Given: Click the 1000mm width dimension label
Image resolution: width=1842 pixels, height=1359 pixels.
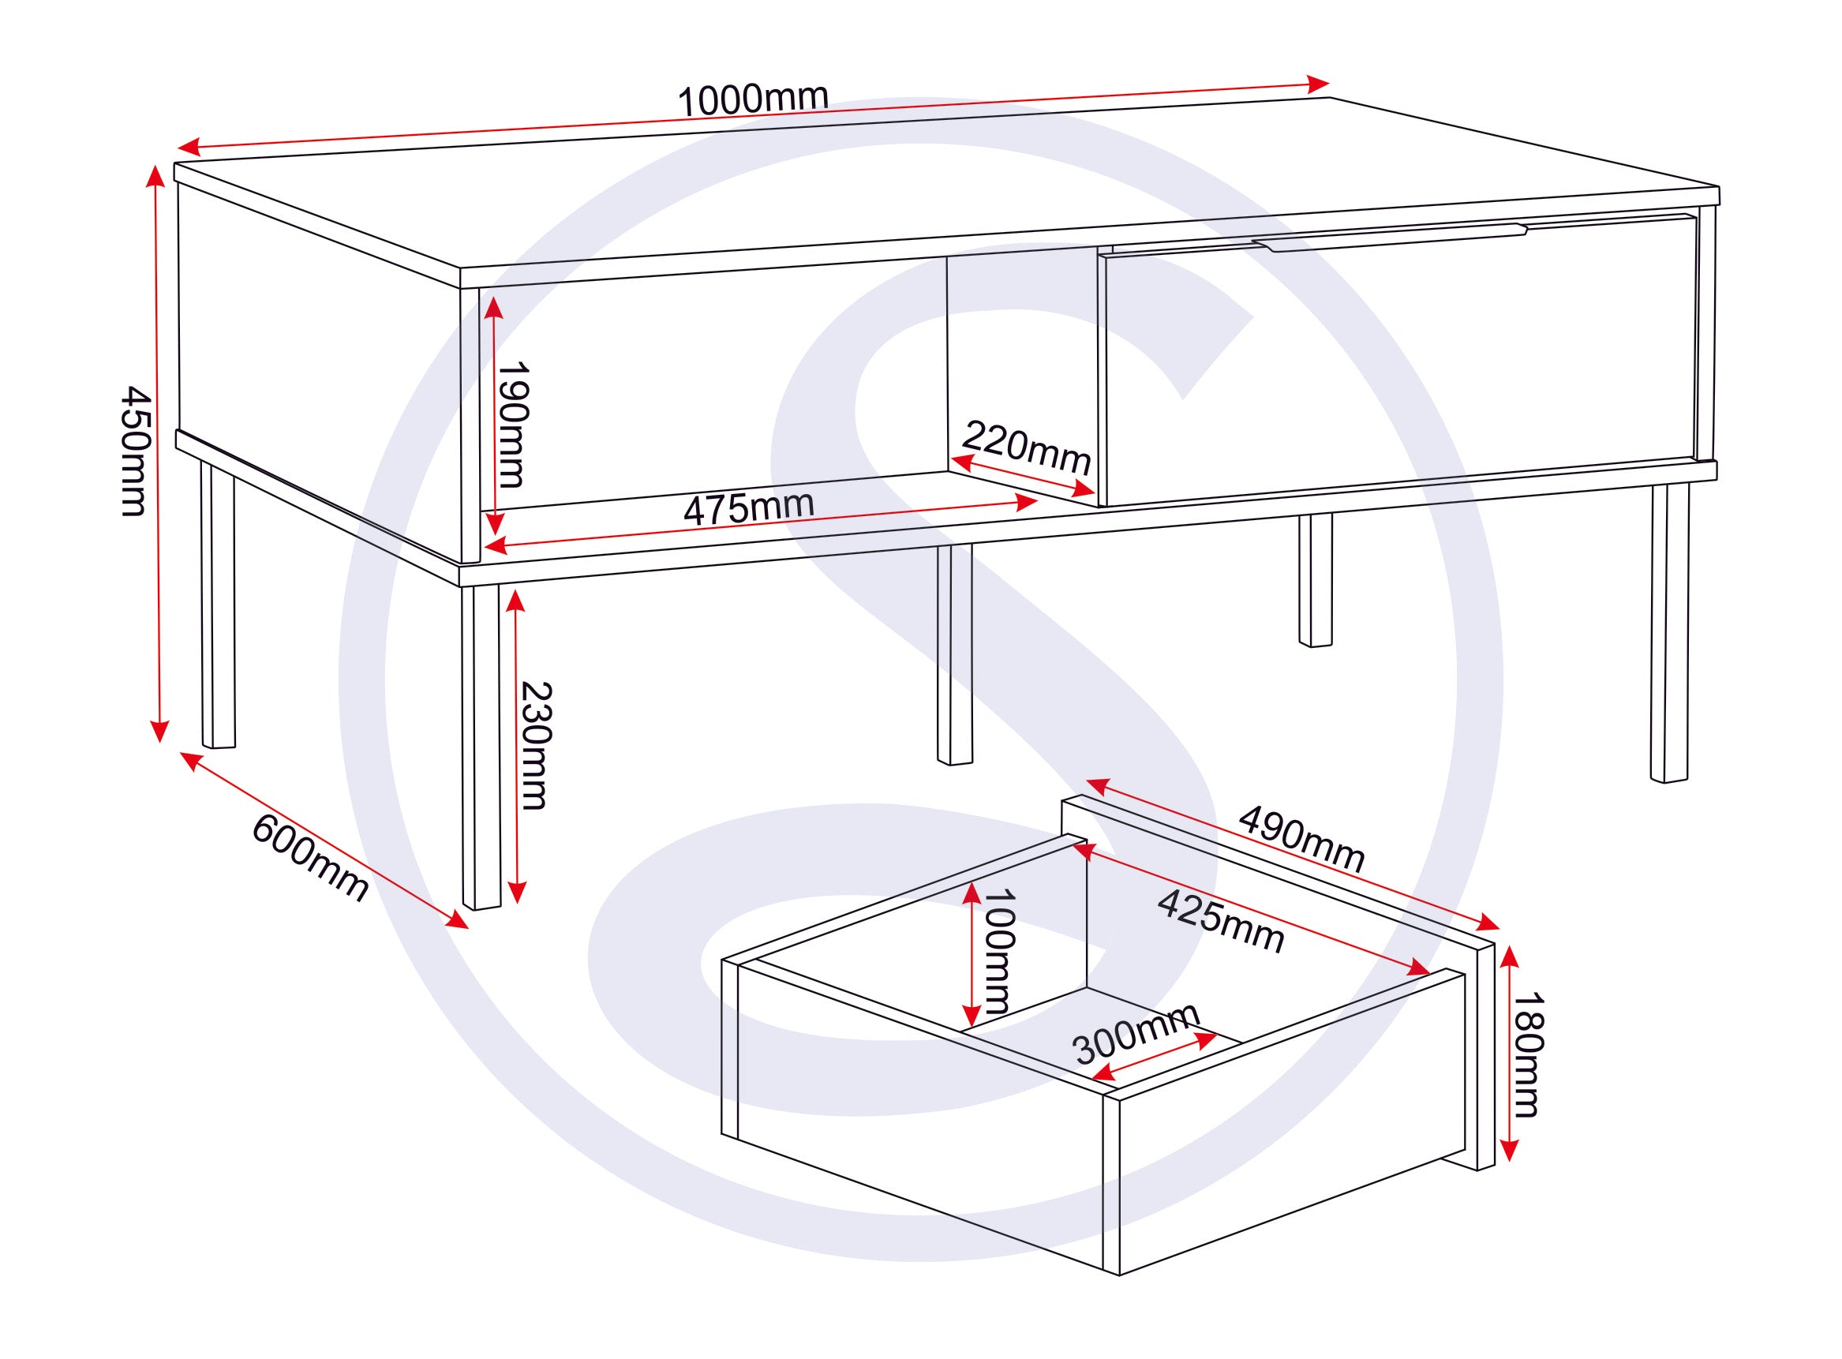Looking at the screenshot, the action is tap(752, 99).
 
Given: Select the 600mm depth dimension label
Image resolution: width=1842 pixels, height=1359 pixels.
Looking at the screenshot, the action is tap(310, 858).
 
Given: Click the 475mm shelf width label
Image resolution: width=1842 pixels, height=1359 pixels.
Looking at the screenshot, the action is tap(749, 507).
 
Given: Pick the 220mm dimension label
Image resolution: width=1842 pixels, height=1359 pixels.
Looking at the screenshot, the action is tap(1026, 447).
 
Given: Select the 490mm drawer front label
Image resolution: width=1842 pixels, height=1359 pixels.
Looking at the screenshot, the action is tap(1301, 838).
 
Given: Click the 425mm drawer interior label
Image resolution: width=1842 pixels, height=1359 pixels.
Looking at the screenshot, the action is tap(1221, 921).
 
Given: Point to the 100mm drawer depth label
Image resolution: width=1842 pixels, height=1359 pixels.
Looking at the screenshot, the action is tap(998, 950).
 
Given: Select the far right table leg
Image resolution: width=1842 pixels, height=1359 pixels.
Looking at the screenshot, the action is tap(1669, 633).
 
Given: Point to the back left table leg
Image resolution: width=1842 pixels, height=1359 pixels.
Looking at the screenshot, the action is tap(218, 605).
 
